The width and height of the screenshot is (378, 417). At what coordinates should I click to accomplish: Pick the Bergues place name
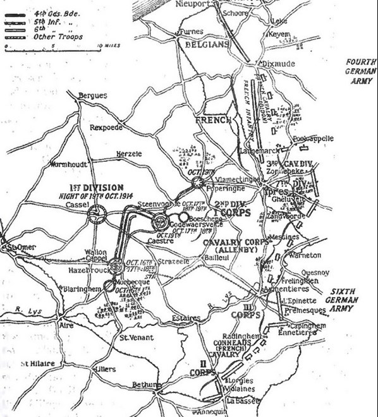[90, 96]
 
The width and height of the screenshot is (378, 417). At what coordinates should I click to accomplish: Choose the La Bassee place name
[243, 400]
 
